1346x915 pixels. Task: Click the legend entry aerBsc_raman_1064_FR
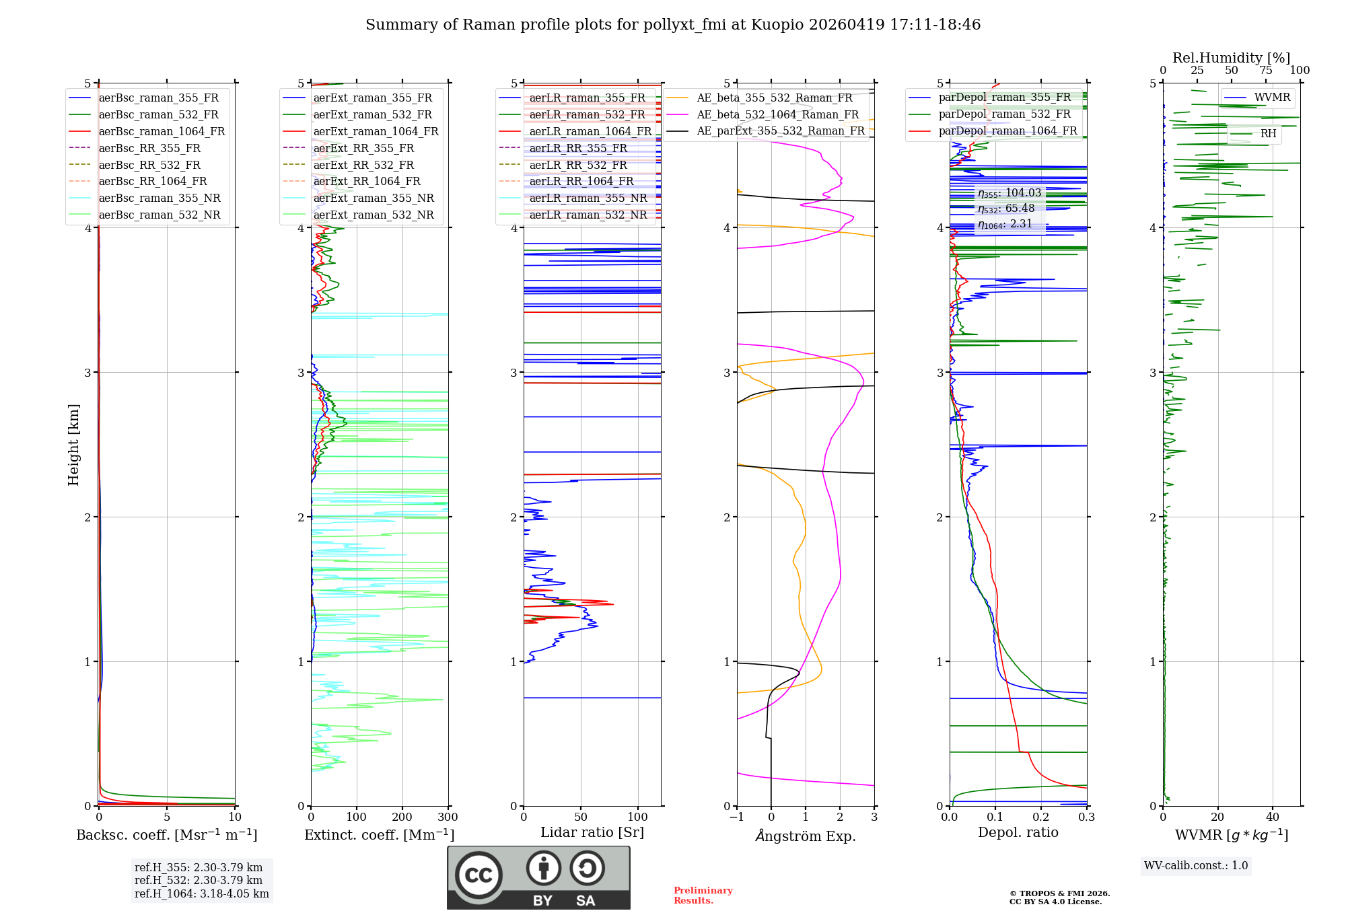pyautogui.click(x=162, y=132)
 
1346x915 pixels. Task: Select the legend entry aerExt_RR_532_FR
pyautogui.click(x=363, y=165)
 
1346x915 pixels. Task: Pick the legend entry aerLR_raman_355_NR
pyautogui.click(x=588, y=198)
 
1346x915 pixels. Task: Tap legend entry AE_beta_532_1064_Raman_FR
pyautogui.click(x=777, y=115)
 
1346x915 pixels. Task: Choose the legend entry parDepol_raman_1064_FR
pyautogui.click(x=1007, y=131)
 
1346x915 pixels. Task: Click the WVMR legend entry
pyautogui.click(x=1272, y=98)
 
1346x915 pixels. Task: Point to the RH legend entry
pyautogui.click(x=1268, y=134)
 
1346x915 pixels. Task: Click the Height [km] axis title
pyautogui.click(x=73, y=445)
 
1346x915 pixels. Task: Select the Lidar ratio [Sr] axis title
pyautogui.click(x=592, y=833)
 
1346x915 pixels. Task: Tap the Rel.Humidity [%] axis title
pyautogui.click(x=1231, y=58)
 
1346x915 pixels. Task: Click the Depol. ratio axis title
pyautogui.click(x=1018, y=833)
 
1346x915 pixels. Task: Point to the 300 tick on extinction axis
pyautogui.click(x=448, y=817)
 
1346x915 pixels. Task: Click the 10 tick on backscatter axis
pyautogui.click(x=234, y=817)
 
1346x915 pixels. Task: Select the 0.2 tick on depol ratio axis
pyautogui.click(x=1040, y=817)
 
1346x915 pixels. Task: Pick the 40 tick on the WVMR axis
pyautogui.click(x=1272, y=817)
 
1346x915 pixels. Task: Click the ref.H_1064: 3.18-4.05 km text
pyautogui.click(x=202, y=894)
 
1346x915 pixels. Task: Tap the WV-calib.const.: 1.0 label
pyautogui.click(x=1196, y=866)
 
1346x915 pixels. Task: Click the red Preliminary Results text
pyautogui.click(x=703, y=895)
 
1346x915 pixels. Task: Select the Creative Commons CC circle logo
pyautogui.click(x=479, y=875)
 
